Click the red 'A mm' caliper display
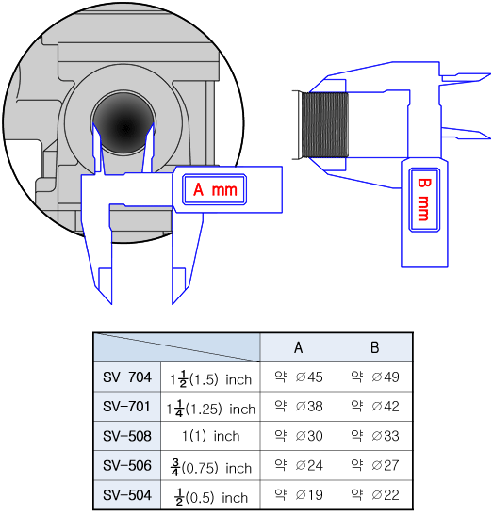(x=214, y=189)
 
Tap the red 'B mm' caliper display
(x=424, y=200)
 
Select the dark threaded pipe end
(x=324, y=124)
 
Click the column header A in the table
(x=299, y=347)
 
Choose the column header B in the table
(x=375, y=347)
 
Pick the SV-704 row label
(x=127, y=377)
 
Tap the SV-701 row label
(x=126, y=407)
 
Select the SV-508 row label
(x=127, y=436)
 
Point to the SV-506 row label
(x=127, y=465)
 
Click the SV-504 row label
(x=127, y=495)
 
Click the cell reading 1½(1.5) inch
(x=211, y=379)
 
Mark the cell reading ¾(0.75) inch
(x=211, y=468)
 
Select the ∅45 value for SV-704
(x=309, y=377)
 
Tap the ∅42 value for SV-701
(x=386, y=407)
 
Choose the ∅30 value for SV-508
(x=309, y=436)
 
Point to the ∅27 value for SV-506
(x=386, y=465)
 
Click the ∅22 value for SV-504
(x=386, y=495)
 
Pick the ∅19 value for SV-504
(x=309, y=495)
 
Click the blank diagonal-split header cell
(x=177, y=347)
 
